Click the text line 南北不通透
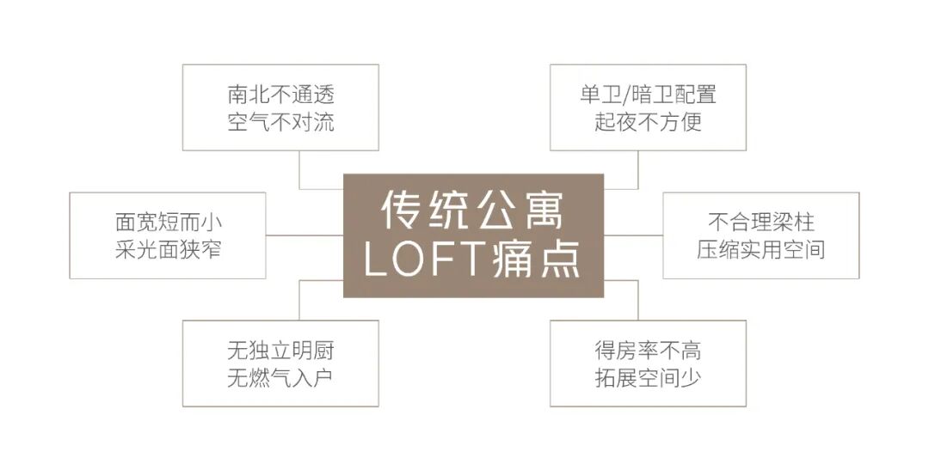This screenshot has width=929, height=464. [280, 94]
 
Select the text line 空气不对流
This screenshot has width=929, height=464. [280, 121]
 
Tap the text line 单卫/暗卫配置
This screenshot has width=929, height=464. [647, 94]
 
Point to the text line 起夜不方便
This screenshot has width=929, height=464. [647, 121]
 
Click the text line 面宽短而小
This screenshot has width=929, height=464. [169, 222]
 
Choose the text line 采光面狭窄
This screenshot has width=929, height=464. [169, 249]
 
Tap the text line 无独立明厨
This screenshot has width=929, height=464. [280, 351]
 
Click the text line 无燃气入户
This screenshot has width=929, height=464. [280, 378]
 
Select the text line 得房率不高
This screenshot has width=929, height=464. [647, 351]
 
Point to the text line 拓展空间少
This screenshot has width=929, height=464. [647, 378]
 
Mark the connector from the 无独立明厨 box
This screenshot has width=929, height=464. [299, 301]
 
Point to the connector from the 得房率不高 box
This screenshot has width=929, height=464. [637, 301]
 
